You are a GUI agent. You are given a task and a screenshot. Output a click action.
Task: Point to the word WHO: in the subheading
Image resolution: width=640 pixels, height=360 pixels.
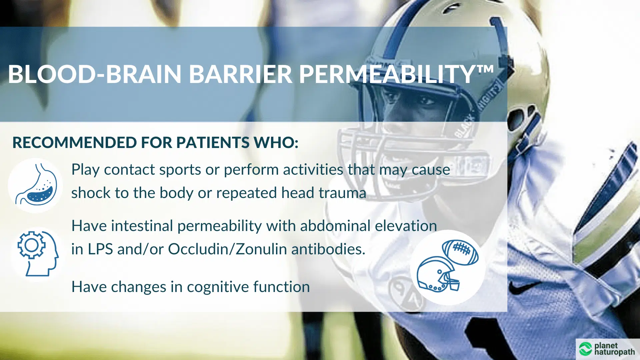276,143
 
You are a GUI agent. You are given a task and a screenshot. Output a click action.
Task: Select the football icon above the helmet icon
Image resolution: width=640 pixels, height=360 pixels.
460,252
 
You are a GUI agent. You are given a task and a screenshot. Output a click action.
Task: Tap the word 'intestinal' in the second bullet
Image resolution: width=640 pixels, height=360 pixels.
142,226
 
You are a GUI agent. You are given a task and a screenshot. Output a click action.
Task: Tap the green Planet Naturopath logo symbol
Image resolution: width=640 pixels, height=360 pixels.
585,349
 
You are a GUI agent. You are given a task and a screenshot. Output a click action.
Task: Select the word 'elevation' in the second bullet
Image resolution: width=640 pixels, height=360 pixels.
406,226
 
